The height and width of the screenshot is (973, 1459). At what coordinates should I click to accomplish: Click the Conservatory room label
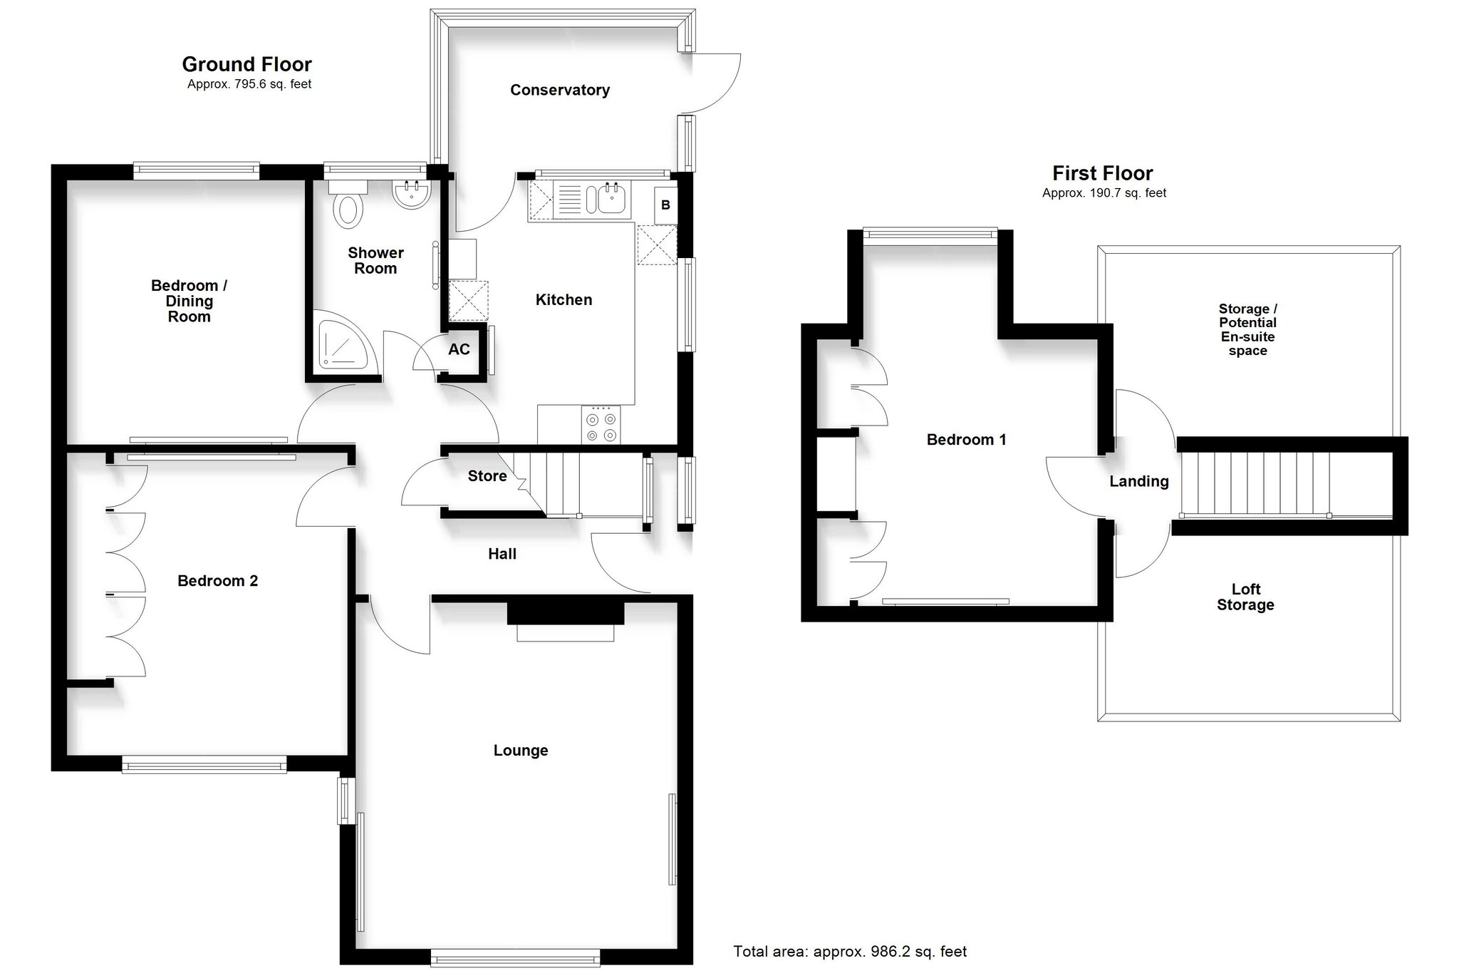click(560, 90)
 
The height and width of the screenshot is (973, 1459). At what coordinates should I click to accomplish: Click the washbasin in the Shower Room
click(411, 195)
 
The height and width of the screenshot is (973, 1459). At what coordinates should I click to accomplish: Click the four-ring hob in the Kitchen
click(601, 425)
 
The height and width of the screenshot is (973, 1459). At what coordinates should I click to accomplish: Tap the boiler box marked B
click(665, 205)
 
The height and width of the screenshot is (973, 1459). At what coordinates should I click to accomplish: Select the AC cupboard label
click(459, 349)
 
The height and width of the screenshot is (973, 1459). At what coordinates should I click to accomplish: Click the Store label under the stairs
click(487, 476)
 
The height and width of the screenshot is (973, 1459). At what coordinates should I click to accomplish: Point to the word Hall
click(502, 554)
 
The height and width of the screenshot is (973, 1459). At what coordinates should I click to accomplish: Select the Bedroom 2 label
click(217, 581)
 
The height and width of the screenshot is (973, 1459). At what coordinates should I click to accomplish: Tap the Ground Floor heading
click(247, 64)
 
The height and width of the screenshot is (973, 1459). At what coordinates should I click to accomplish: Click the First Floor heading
click(1103, 173)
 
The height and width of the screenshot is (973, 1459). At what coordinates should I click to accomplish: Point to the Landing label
click(1139, 482)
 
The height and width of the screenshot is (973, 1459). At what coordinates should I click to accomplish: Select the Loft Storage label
click(1245, 597)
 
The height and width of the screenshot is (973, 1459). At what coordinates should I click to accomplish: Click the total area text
click(851, 952)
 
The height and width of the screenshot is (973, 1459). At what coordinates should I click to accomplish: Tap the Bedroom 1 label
click(967, 440)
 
